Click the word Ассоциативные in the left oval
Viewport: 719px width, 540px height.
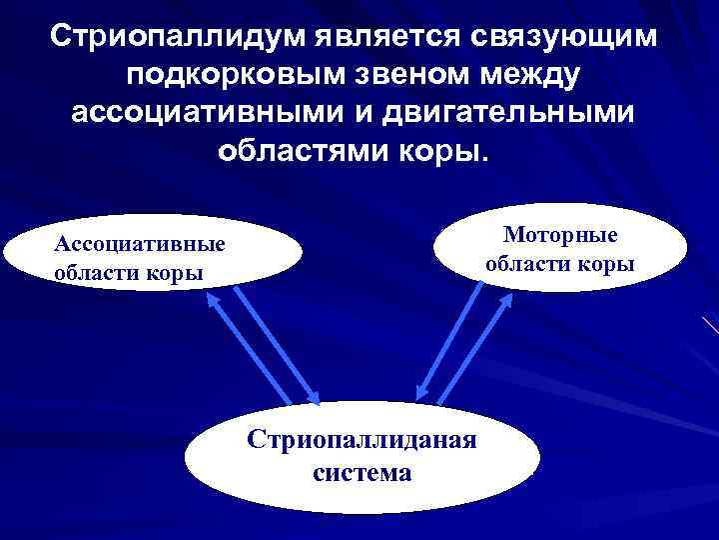tap(140, 244)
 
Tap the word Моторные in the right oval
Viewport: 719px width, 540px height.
tap(561, 234)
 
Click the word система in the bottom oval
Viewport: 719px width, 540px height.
tap(361, 472)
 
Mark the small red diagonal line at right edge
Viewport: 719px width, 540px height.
tap(710, 326)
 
